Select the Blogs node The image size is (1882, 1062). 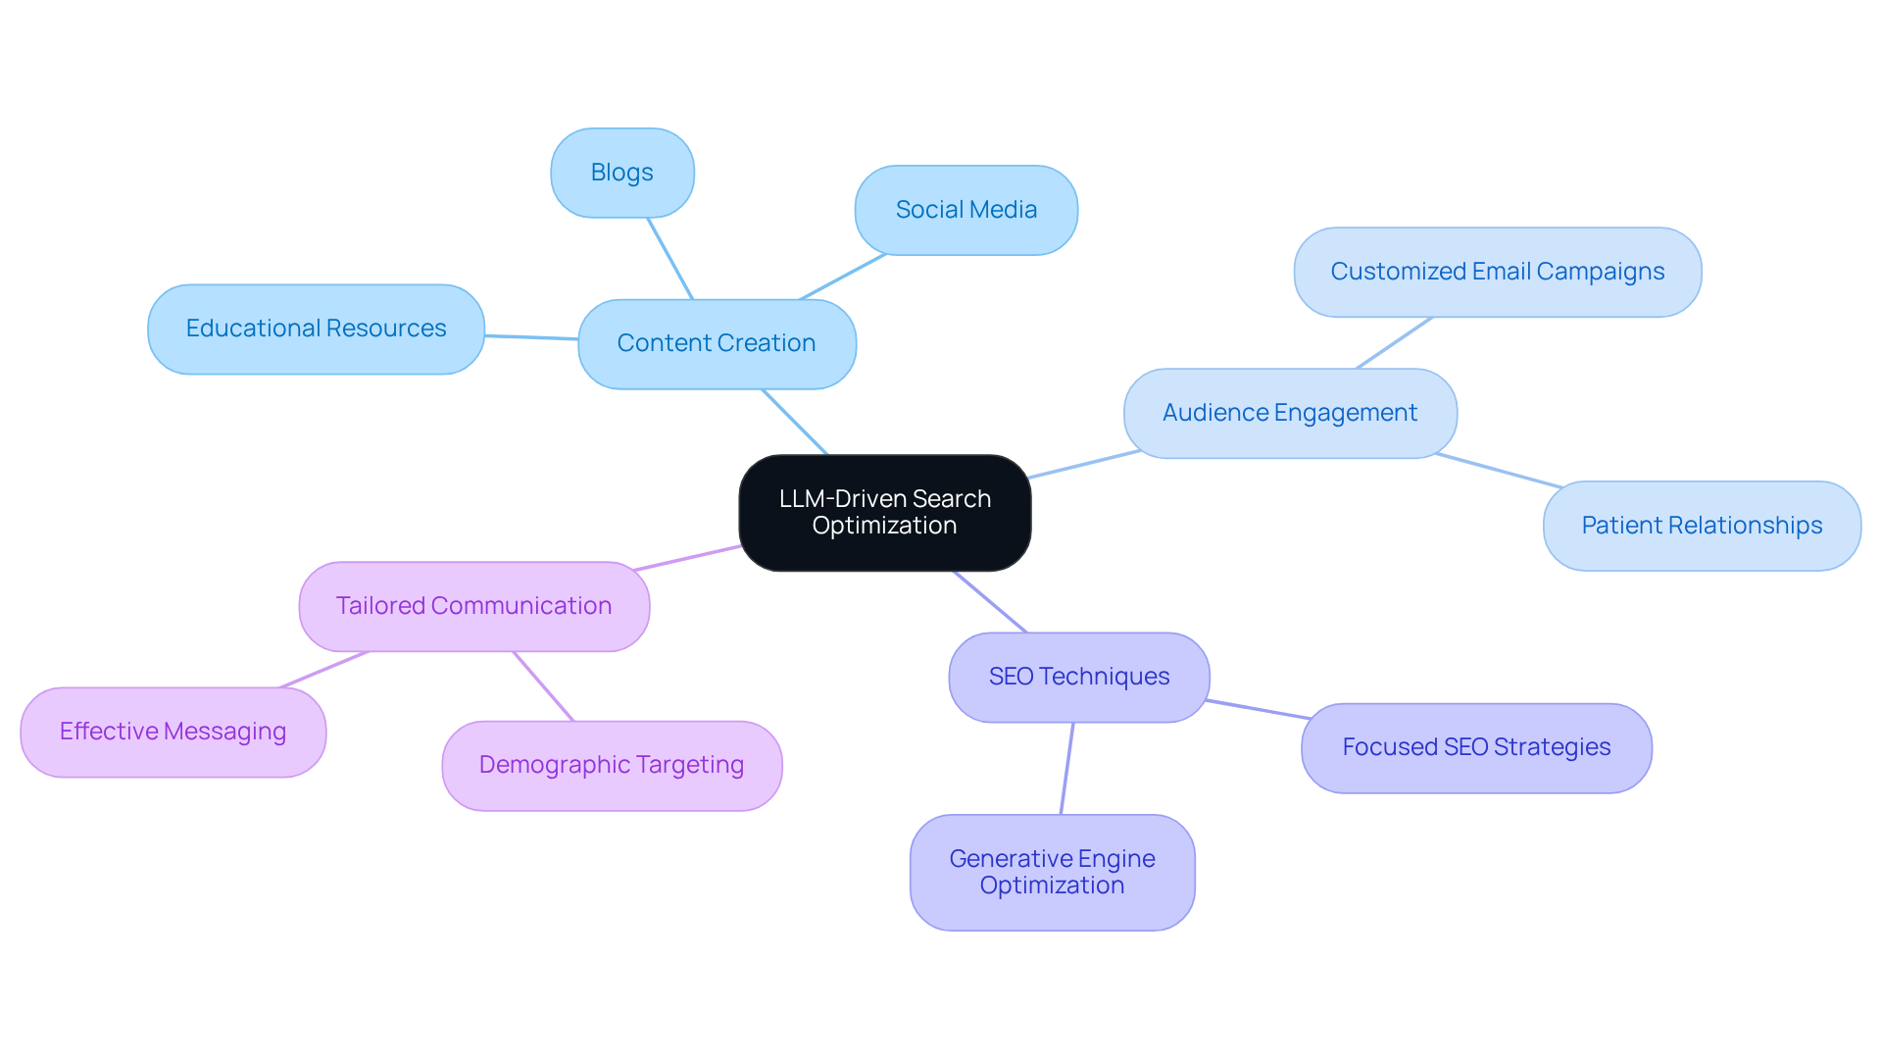[622, 173]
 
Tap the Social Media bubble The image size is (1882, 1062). [966, 210]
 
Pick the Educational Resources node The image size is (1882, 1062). [316, 329]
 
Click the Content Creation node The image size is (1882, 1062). [717, 343]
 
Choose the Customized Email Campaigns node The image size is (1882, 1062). [1497, 272]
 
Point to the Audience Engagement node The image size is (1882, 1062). [1290, 413]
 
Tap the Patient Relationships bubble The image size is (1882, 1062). [1702, 526]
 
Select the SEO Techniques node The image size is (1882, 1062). [1078, 677]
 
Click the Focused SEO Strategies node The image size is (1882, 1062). [1476, 747]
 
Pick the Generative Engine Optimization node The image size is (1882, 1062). [1052, 872]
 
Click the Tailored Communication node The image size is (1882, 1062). [473, 606]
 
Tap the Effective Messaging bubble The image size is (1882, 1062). [173, 732]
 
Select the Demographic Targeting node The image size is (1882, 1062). [612, 765]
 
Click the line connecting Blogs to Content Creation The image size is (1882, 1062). [670, 259]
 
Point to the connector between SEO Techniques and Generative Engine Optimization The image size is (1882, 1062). [1067, 768]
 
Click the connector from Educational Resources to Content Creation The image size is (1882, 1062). [531, 337]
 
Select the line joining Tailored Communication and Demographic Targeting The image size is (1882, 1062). [544, 686]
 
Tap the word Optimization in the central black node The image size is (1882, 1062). [884, 526]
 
